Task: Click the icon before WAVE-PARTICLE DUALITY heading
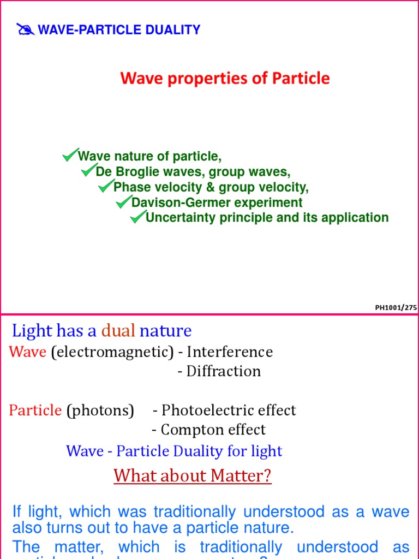click(x=25, y=29)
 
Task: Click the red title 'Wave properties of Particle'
click(x=225, y=79)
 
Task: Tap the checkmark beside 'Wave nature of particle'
click(x=70, y=156)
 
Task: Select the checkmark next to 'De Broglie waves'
click(x=88, y=171)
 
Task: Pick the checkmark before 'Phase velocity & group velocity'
click(x=106, y=187)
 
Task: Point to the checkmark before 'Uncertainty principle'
click(x=137, y=217)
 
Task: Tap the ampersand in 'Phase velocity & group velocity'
click(x=209, y=187)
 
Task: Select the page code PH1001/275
click(x=396, y=308)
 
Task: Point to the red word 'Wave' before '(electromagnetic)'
click(x=27, y=352)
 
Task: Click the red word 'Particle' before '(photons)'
click(x=35, y=410)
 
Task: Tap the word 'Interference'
click(x=230, y=352)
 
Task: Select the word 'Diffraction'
click(x=223, y=371)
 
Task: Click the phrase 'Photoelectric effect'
click(x=229, y=410)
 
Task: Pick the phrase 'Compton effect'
click(x=213, y=430)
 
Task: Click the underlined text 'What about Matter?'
click(x=192, y=475)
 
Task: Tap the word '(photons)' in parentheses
click(x=100, y=410)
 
